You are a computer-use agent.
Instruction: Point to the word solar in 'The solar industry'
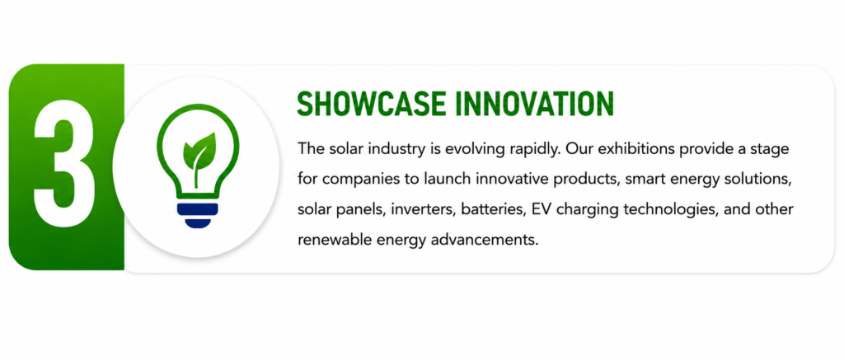click(344, 149)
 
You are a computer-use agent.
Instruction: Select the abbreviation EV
click(541, 209)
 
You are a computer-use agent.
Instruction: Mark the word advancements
click(485, 240)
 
